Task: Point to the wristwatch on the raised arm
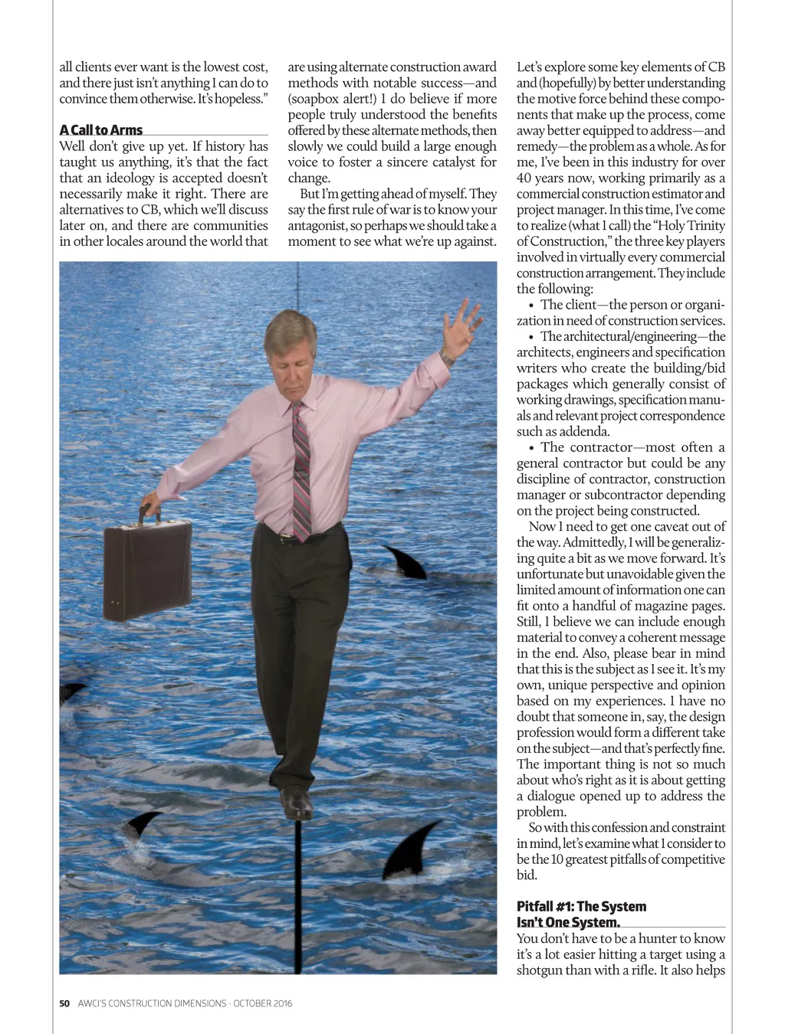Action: pyautogui.click(x=448, y=356)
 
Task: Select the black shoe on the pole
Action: pyautogui.click(x=297, y=803)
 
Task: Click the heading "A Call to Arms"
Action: pyautogui.click(x=101, y=130)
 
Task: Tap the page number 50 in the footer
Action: pyautogui.click(x=64, y=1003)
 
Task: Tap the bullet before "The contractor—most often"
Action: pyautogui.click(x=531, y=448)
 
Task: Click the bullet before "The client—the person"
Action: pyautogui.click(x=531, y=306)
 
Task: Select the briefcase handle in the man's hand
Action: pyautogui.click(x=150, y=514)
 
